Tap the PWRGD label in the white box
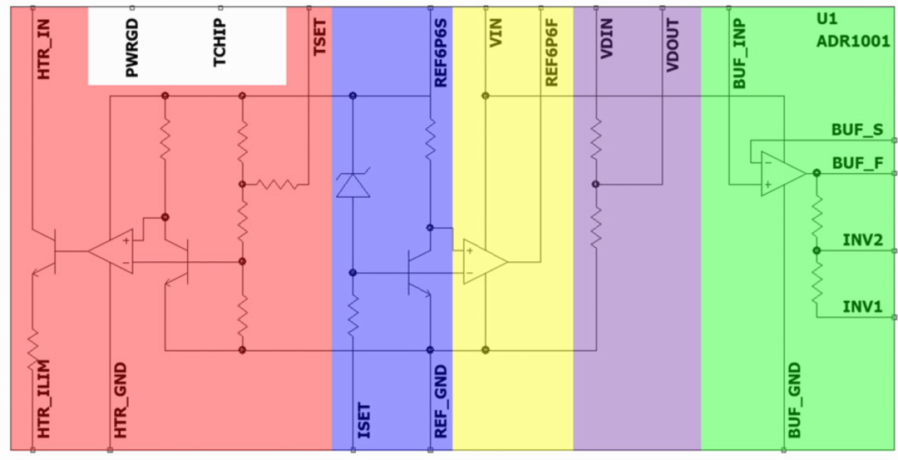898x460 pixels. tap(132, 53)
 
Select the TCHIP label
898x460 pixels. tap(220, 43)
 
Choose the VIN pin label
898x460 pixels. tap(496, 33)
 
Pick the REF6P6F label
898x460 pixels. tap(552, 52)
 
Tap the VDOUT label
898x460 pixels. tap(673, 45)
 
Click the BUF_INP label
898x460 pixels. tap(739, 56)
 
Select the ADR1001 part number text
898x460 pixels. tap(853, 42)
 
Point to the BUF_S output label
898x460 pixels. tap(854, 130)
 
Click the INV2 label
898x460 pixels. tap(861, 240)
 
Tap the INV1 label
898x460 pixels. tap(861, 306)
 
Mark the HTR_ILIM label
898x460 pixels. tap(43, 398)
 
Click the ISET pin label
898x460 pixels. tap(364, 422)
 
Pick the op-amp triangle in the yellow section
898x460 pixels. tap(485, 261)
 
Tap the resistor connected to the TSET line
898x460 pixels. tap(276, 184)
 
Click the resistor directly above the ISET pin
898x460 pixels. tap(353, 314)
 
